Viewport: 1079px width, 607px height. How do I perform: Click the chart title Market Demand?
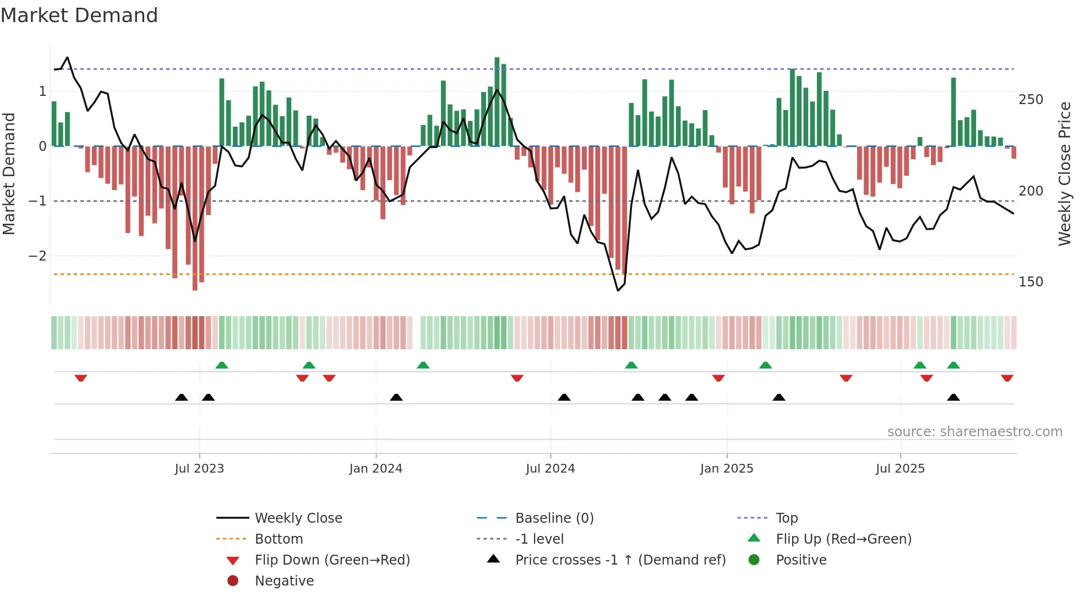click(x=79, y=15)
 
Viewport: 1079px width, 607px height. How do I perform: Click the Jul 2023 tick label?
click(x=199, y=469)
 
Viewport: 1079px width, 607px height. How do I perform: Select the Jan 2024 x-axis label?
click(x=375, y=469)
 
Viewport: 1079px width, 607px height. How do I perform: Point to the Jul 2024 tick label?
click(x=550, y=469)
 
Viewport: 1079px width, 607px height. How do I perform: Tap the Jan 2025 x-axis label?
click(x=727, y=469)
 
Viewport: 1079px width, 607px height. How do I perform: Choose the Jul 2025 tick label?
click(x=900, y=469)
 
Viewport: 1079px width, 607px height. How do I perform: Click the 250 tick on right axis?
click(x=1031, y=100)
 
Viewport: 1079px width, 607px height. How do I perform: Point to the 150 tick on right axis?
click(x=1031, y=282)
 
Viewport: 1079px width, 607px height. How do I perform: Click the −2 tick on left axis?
click(x=37, y=256)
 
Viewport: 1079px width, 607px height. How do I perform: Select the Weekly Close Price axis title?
click(x=1065, y=174)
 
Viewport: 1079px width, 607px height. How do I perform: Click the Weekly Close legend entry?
click(x=298, y=518)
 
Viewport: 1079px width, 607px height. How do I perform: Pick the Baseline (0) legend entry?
click(x=554, y=518)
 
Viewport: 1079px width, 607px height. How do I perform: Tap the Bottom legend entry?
click(x=279, y=539)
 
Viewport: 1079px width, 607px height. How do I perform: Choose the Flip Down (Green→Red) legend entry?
click(x=332, y=560)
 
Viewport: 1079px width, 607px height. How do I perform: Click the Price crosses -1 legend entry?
click(x=620, y=560)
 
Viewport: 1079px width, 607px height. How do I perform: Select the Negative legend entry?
click(x=284, y=581)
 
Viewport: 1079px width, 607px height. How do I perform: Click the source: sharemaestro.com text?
click(x=974, y=432)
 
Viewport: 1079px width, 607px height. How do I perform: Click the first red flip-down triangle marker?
click(x=81, y=378)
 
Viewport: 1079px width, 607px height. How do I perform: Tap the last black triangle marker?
click(x=953, y=397)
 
